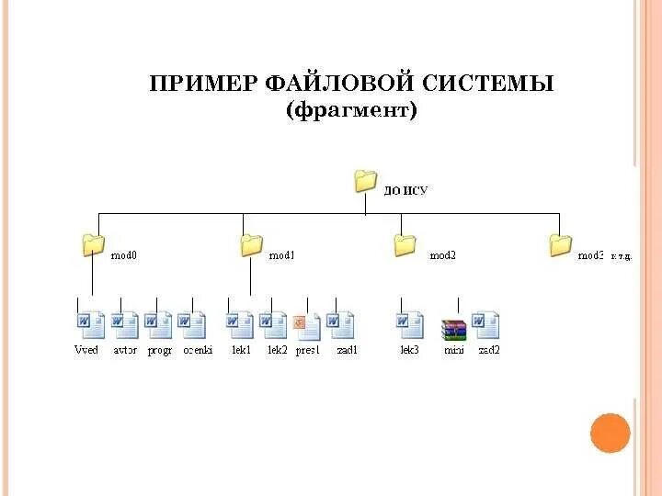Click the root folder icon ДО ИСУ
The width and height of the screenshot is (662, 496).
[x=366, y=180]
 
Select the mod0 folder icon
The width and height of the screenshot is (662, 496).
[x=93, y=244]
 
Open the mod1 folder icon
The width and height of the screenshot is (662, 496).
[x=251, y=244]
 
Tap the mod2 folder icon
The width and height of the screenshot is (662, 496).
[x=405, y=244]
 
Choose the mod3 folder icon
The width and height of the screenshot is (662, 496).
[x=560, y=244]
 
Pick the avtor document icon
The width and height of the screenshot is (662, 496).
[x=124, y=325]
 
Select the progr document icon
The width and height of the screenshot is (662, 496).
[x=158, y=325]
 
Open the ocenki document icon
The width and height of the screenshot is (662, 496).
[x=192, y=325]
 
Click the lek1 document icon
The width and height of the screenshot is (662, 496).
[x=240, y=325]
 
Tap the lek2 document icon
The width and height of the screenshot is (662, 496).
[x=274, y=325]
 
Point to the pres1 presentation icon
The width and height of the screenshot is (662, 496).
[x=307, y=326]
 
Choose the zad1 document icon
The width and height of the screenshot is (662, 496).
[x=341, y=325]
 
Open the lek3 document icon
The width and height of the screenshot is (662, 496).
[x=410, y=325]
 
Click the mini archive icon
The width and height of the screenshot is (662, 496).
[x=454, y=328]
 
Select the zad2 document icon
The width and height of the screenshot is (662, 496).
[x=487, y=325]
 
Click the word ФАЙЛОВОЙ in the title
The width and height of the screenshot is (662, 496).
[x=340, y=85]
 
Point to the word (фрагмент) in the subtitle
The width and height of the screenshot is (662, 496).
[x=351, y=111]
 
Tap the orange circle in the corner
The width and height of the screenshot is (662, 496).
[x=610, y=433]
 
